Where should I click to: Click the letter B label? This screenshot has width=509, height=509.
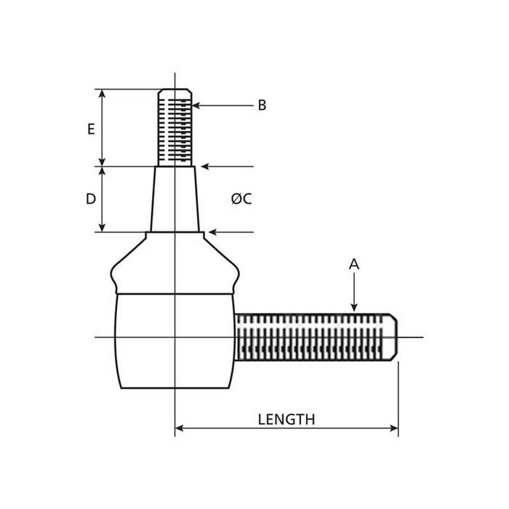point(262,105)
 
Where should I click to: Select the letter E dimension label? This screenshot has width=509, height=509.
point(91,129)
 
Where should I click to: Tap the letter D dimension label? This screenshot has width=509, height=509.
point(91,199)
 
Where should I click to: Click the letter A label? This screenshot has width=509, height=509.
point(354,265)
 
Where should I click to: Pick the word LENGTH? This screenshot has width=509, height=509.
point(286,420)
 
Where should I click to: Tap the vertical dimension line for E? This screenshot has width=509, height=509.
point(103,128)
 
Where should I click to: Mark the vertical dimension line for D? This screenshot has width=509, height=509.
point(103,199)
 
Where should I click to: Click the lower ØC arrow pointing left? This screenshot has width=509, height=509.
point(222,233)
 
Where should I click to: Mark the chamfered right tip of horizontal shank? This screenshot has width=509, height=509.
point(393,337)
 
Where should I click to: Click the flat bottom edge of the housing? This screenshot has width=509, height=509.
point(175,388)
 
